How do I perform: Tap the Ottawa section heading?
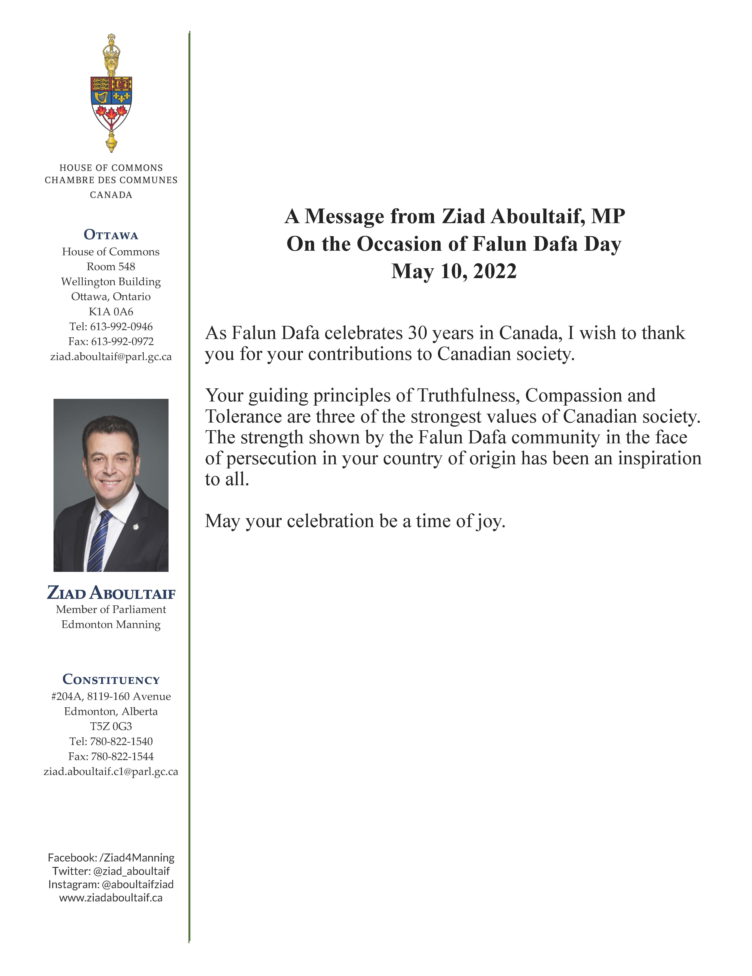click(111, 235)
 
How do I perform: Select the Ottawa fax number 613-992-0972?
click(122, 341)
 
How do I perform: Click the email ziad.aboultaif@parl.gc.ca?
click(111, 357)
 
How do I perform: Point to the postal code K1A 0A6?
click(111, 311)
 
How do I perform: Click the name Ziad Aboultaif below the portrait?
click(111, 592)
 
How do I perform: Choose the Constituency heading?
click(111, 680)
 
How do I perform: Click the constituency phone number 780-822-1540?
click(121, 741)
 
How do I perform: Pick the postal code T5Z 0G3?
click(111, 726)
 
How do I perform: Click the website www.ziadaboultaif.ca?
click(111, 898)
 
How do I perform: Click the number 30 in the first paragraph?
click(417, 333)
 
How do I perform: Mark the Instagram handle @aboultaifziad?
click(138, 884)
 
